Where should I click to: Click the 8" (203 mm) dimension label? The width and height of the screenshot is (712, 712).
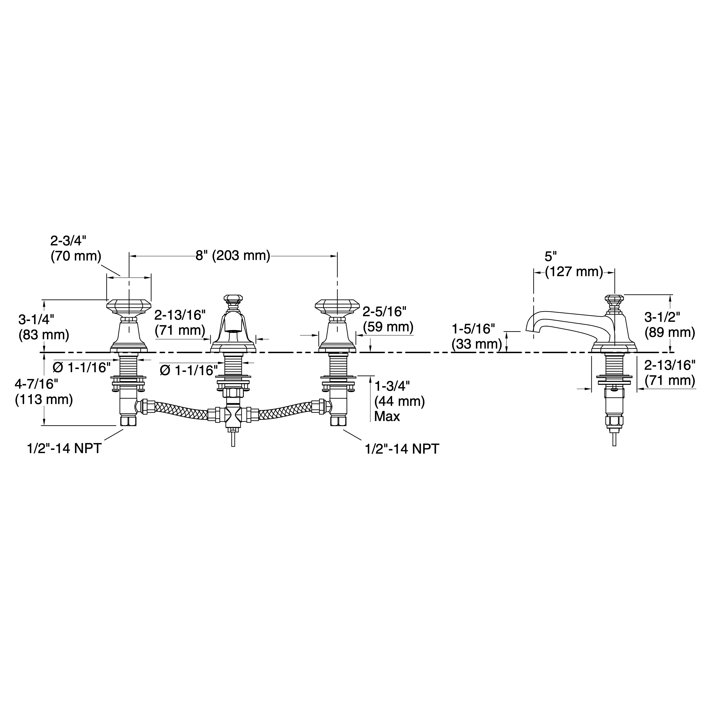point(233,255)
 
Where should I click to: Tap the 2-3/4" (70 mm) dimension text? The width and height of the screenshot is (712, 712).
point(76,248)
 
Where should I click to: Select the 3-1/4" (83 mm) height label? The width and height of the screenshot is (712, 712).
point(44,327)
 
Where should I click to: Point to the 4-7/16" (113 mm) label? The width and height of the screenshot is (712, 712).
point(44,392)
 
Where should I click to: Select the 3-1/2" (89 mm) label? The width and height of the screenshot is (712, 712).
point(670,325)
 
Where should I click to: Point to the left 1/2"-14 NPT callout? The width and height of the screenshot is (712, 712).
point(64,449)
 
